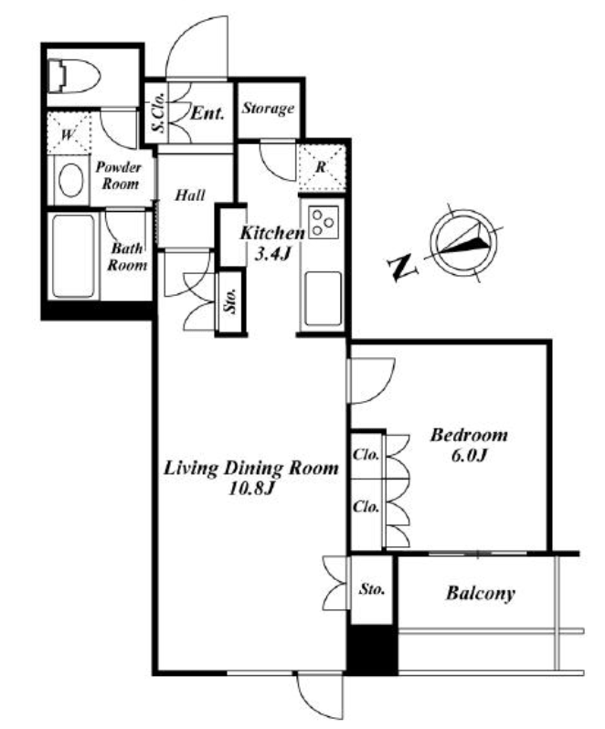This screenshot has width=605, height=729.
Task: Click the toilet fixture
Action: pos(74,76)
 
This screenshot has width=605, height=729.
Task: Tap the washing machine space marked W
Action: pos(69,133)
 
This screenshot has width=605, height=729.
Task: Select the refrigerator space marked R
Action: pos(322,168)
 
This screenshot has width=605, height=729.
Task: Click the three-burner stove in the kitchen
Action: pos(324,222)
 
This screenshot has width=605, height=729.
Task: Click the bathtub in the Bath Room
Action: pos(73,256)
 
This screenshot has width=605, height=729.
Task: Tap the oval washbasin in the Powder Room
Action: pos(71,180)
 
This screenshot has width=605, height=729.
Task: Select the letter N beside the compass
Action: pos(401,268)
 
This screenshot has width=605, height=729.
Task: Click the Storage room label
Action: pos(268,109)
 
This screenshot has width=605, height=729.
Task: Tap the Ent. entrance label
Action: pos(207,113)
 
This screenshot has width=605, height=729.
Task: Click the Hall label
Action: pos(190,195)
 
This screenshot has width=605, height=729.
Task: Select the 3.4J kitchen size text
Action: pos(273,253)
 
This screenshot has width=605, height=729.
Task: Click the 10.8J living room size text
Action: pos(250,488)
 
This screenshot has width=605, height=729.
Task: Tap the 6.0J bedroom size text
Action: pos(468,456)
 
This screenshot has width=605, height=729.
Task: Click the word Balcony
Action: pos(481,594)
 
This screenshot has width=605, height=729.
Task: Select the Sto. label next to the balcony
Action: pos(372,589)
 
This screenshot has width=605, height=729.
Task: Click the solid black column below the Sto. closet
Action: pos(373,650)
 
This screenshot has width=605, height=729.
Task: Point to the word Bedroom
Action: pos(469,435)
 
